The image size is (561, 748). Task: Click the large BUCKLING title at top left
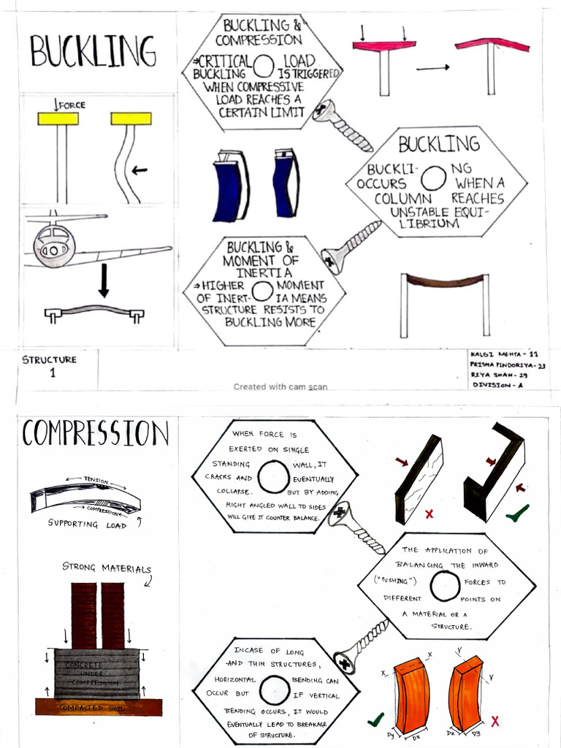[x=93, y=51]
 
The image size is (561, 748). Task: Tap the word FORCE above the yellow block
[x=72, y=105]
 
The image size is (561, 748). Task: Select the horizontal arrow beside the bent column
[x=140, y=169]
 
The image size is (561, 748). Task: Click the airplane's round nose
[x=54, y=246]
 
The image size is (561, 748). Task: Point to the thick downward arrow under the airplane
[x=104, y=280]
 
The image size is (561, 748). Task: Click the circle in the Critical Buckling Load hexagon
[x=263, y=66]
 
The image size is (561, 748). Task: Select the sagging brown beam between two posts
[x=445, y=280]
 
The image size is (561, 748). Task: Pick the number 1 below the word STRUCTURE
[x=53, y=373]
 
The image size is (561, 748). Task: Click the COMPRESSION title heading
[x=96, y=433]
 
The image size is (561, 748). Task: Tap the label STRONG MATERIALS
[x=107, y=568]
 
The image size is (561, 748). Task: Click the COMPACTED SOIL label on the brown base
[x=91, y=708]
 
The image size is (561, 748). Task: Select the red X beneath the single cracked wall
[x=430, y=514]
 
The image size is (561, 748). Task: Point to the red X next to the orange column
[x=495, y=721]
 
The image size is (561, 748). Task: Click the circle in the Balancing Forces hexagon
[x=445, y=586]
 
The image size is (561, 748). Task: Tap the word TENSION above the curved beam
[x=96, y=480]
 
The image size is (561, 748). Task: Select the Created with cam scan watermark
[x=280, y=387]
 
